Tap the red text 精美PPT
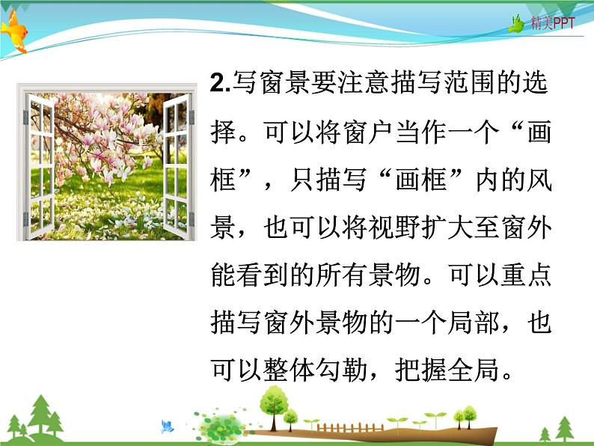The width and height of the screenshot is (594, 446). point(553,24)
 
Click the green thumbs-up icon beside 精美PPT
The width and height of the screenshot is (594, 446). point(517,24)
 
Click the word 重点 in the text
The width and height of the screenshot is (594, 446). point(517,276)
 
